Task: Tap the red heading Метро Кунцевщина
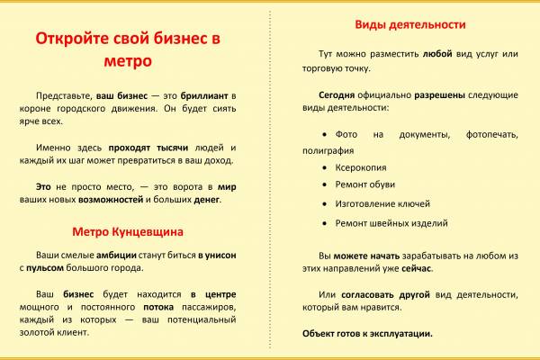(x=128, y=232)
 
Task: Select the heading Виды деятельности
(x=410, y=25)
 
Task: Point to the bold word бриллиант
(x=204, y=95)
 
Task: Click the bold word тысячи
(x=172, y=148)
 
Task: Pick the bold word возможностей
(x=111, y=200)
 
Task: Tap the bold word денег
(x=207, y=200)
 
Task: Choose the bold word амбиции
(x=116, y=256)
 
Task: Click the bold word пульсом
(x=45, y=268)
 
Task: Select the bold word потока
(x=158, y=307)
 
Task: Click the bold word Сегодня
(x=337, y=95)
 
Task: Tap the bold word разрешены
(x=439, y=95)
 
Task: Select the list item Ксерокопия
(x=361, y=167)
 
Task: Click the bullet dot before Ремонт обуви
(x=324, y=184)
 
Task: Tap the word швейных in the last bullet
(x=391, y=223)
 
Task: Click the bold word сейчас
(x=417, y=268)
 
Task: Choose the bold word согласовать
(x=367, y=295)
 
